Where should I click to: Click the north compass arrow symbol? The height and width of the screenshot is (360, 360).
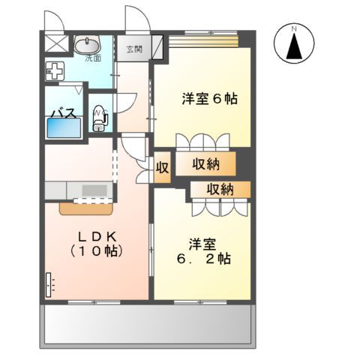pos(295,47)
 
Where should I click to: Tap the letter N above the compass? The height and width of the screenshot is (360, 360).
pos(295,28)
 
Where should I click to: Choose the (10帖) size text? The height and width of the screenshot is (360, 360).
pos(94,251)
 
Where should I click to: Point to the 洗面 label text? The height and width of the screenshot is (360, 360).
pos(91,57)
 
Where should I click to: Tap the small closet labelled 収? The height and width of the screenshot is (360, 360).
pos(162,166)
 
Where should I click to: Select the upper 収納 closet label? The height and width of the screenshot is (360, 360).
pos(202,163)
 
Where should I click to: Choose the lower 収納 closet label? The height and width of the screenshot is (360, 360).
pos(219,189)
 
